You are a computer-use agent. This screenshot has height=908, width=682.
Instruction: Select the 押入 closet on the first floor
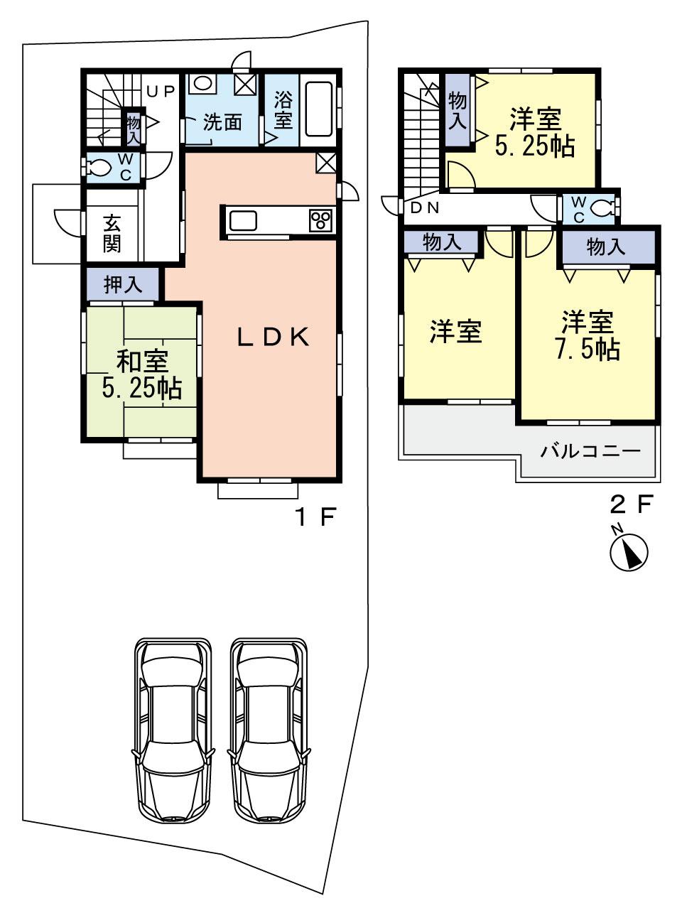(x=124, y=285)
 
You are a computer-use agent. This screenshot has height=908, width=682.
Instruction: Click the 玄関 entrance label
(x=112, y=233)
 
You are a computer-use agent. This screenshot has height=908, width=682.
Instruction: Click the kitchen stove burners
(x=320, y=220)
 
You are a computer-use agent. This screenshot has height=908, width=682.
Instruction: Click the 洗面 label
(x=222, y=122)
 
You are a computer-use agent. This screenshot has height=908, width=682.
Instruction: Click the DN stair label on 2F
(x=425, y=208)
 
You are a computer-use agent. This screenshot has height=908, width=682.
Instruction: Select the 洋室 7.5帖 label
(x=588, y=335)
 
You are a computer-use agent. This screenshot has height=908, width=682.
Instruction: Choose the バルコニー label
(x=590, y=451)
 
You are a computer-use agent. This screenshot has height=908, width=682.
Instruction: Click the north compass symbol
(x=629, y=549)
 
